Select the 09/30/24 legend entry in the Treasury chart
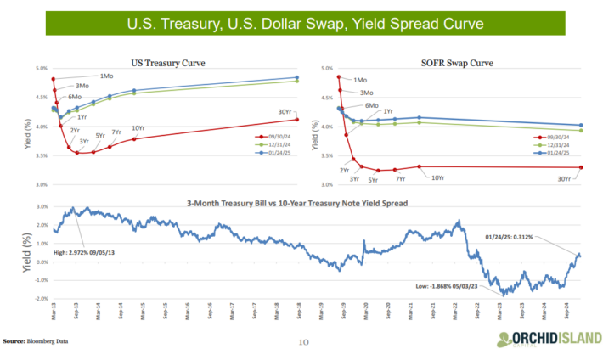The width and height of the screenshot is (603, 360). [279, 135]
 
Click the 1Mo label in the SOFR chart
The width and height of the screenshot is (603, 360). [372, 81]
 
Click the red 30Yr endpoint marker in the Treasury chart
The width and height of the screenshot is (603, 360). [297, 119]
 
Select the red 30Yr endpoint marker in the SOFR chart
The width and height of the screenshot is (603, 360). [581, 167]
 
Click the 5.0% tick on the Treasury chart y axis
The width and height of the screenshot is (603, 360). [41, 69]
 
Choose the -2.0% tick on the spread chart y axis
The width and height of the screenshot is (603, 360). [41, 299]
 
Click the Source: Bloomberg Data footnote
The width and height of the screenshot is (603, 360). [35, 341]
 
